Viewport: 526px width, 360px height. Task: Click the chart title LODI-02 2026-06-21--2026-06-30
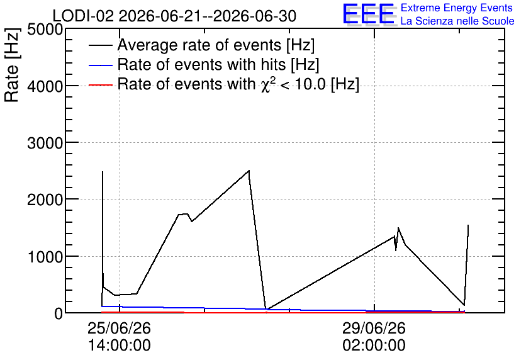click(x=174, y=16)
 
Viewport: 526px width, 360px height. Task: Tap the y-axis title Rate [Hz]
click(x=12, y=65)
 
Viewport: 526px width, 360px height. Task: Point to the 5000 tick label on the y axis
click(x=45, y=30)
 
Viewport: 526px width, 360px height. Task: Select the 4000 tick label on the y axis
click(x=45, y=87)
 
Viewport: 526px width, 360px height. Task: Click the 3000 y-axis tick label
click(x=45, y=143)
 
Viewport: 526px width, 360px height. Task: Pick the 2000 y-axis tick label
click(x=45, y=200)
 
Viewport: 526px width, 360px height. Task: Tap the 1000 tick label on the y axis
click(x=45, y=257)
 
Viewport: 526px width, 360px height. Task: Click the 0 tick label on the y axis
click(x=59, y=313)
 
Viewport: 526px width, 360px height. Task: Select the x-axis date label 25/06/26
click(x=119, y=328)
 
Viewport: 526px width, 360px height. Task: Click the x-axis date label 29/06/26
click(x=374, y=328)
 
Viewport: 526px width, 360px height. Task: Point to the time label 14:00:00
click(x=119, y=346)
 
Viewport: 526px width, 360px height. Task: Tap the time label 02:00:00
click(x=374, y=346)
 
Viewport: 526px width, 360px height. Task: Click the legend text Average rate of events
click(x=199, y=45)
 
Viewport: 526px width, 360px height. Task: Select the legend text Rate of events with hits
click(x=201, y=64)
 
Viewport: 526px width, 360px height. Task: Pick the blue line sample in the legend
click(x=100, y=65)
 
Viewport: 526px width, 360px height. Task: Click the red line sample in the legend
click(x=100, y=85)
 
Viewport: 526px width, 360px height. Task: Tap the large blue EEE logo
click(x=369, y=14)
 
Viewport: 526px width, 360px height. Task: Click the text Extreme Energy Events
click(x=457, y=8)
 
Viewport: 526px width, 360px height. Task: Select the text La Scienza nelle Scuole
click(x=457, y=21)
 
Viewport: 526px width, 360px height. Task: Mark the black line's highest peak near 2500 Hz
click(x=249, y=171)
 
